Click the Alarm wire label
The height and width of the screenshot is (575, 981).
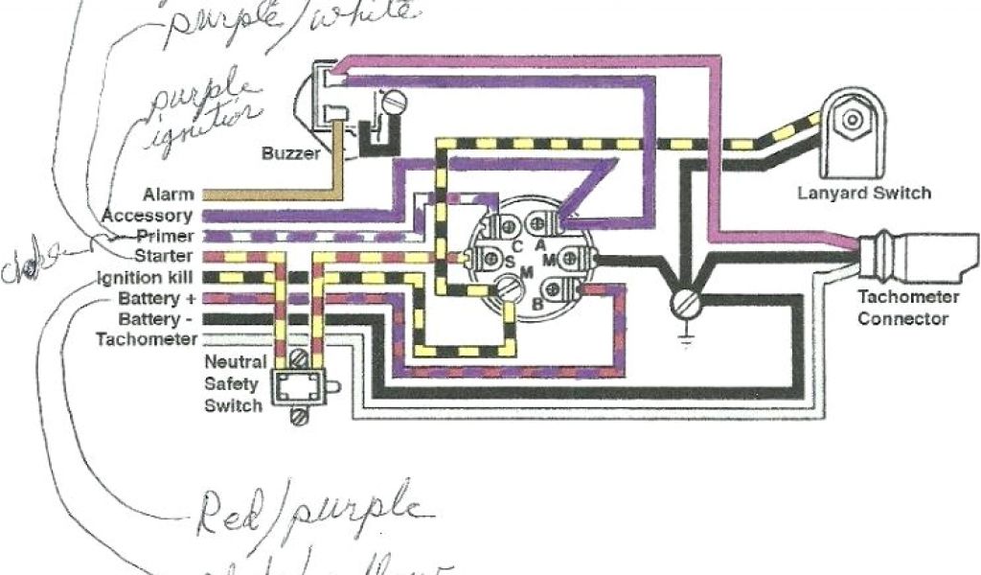[170, 195]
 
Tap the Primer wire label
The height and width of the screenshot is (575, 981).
[165, 236]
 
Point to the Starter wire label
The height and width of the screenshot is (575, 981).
[165, 257]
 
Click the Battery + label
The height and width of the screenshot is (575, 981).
[156, 298]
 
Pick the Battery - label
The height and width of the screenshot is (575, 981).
[156, 318]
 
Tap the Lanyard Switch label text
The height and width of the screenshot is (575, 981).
[863, 193]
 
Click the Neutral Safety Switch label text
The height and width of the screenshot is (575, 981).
[233, 383]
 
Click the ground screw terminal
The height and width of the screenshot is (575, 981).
[684, 304]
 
